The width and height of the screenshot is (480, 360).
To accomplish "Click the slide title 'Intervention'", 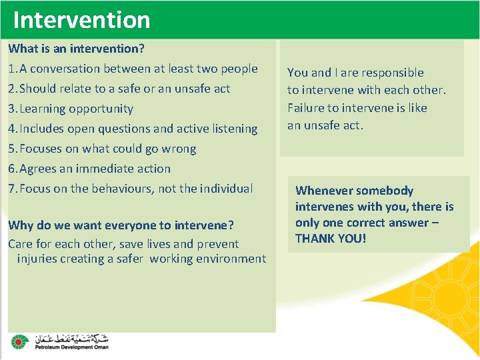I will [81, 20].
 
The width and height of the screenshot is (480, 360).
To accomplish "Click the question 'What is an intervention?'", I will [77, 49].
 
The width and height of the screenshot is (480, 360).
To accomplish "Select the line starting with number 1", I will [133, 69].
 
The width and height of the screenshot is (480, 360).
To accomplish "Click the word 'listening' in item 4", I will [233, 129].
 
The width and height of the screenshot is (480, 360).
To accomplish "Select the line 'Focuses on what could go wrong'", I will [107, 149].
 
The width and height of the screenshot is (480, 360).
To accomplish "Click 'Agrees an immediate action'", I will [95, 169].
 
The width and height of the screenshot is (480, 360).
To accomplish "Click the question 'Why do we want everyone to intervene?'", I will [121, 225].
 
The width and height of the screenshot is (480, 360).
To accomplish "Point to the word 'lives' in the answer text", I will [153, 244].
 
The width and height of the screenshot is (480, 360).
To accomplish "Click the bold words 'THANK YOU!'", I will [331, 238].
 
